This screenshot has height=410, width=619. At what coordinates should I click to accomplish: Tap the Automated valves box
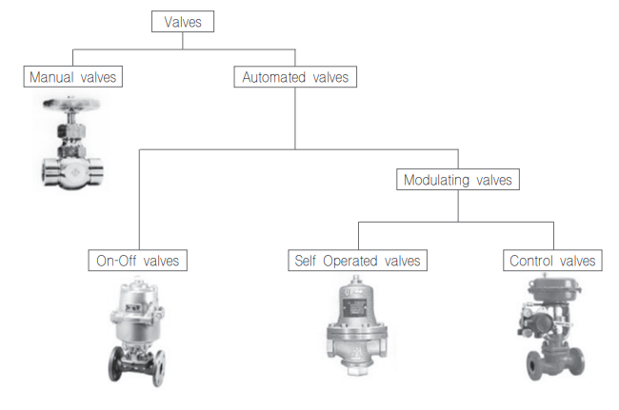[x=294, y=77]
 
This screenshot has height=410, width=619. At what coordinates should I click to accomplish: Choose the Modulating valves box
[x=458, y=179]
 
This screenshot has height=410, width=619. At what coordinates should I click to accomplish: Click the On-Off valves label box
[x=139, y=260]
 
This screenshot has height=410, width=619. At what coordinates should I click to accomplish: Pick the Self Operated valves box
[x=357, y=260]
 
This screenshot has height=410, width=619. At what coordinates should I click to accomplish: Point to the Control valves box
[x=553, y=260]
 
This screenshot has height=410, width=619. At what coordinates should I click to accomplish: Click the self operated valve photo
[x=356, y=327]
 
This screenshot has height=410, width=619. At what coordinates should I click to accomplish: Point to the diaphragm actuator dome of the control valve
[x=553, y=284]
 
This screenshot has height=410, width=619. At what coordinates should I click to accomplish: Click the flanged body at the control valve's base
[x=553, y=364]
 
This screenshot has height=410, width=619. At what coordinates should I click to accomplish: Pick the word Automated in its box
[x=274, y=77]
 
